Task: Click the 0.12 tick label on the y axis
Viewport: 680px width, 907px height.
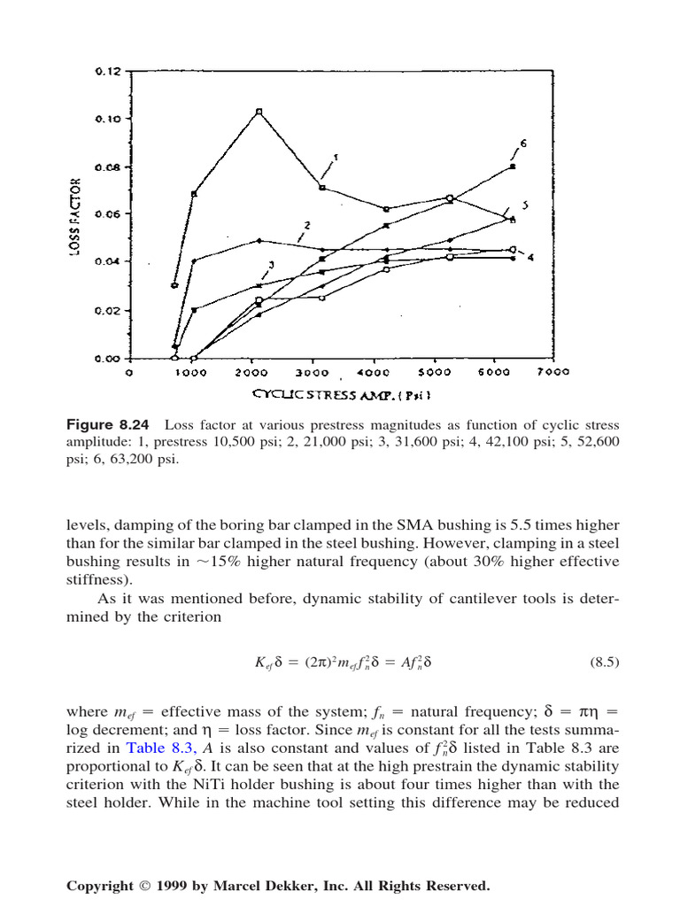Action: [x=107, y=71]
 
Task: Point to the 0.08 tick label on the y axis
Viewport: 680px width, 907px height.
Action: [x=107, y=167]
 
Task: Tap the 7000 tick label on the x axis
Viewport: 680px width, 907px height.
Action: [x=554, y=373]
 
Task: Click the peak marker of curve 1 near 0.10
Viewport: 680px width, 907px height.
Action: [x=259, y=112]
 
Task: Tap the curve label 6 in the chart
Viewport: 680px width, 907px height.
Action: [x=523, y=143]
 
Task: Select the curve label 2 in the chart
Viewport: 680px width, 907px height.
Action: [x=306, y=226]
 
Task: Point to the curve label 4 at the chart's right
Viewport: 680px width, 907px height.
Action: [x=530, y=257]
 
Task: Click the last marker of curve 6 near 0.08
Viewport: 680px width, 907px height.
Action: [x=513, y=167]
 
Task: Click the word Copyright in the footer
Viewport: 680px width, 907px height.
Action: [x=98, y=885]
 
